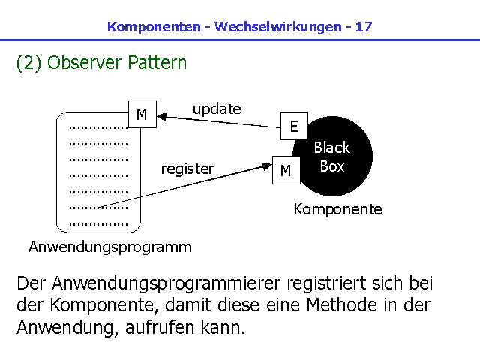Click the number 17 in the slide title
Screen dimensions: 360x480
coord(363,27)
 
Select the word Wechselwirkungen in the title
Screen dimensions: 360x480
coord(277,27)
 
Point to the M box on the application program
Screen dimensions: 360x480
coord(142,115)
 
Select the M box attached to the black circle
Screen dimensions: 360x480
coord(286,171)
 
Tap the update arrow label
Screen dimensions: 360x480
coord(217,109)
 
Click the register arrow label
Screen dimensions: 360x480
coord(187,169)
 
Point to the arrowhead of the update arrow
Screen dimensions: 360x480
coord(161,116)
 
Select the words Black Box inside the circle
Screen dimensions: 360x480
coord(331,157)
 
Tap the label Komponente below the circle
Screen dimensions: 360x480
coord(337,209)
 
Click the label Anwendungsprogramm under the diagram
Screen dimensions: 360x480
coord(109,247)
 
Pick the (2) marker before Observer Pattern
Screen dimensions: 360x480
coord(28,62)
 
